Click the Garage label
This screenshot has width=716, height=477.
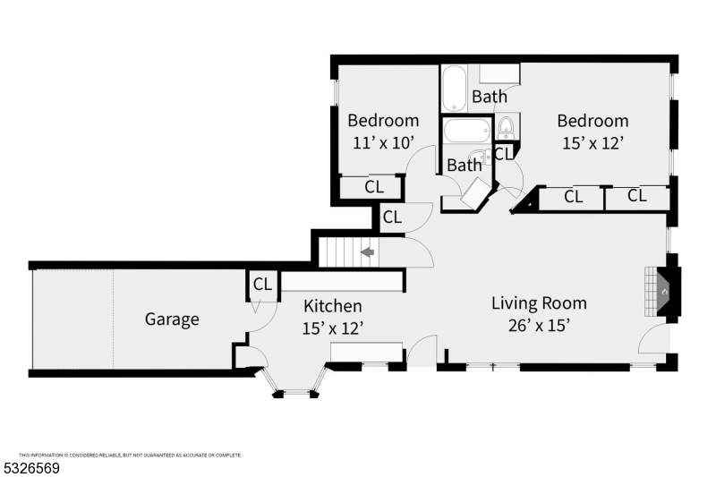pos(172,319)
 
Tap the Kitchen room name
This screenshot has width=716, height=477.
pos(332,306)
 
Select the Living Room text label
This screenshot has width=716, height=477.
pos(539,302)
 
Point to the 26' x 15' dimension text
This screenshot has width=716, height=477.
pos(539,326)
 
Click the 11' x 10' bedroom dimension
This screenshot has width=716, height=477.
pos(383,141)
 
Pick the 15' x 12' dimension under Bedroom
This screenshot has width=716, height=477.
pos(592,141)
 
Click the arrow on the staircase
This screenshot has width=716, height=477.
pos(367,253)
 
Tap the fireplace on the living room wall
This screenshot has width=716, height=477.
pos(667,292)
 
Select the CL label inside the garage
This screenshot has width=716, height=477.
pos(261,285)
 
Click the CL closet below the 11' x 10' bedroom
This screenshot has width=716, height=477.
pos(374,187)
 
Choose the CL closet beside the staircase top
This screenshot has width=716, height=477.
pos(392,217)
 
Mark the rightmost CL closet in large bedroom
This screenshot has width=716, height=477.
pos(636,196)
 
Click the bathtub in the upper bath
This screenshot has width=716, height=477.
pos(454,88)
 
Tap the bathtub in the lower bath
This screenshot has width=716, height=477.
pos(466,132)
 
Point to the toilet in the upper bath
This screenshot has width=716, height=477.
pos(505,124)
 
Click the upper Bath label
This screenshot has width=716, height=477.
pos(490,97)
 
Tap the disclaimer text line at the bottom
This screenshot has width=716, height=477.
pos(130,455)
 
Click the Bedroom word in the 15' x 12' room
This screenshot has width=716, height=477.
pos(592,121)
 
